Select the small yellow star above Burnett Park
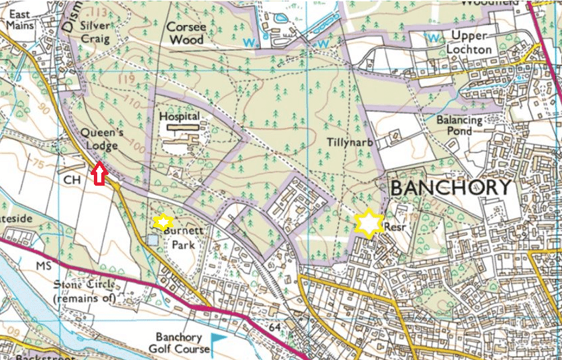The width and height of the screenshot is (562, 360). [162, 221]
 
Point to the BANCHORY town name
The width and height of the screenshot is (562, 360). [450, 188]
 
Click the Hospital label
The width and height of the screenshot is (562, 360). [180, 116]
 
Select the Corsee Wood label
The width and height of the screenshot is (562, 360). [186, 34]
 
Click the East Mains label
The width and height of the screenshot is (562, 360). [20, 19]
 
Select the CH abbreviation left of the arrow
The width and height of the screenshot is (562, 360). [71, 180]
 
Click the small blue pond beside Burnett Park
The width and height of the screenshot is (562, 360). [154, 239]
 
